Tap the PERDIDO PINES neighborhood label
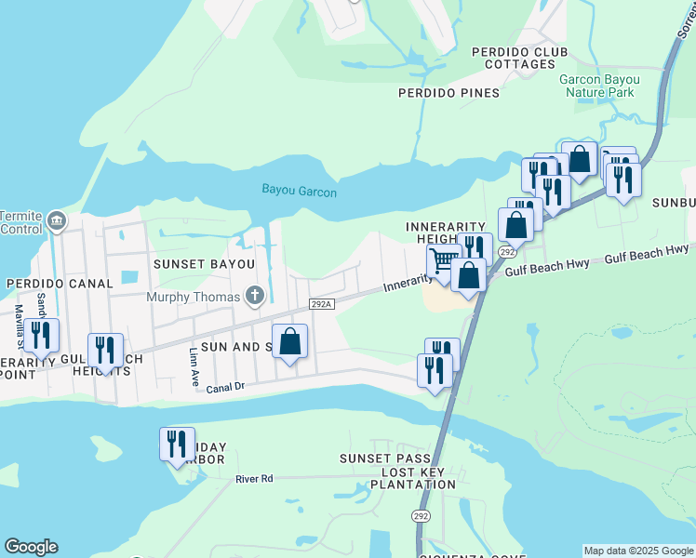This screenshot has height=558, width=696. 448,93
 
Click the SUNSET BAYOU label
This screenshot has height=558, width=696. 204,264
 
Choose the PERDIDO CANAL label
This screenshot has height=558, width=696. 59,283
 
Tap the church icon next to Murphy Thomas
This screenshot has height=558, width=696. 254,297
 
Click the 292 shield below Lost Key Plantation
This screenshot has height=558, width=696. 422,515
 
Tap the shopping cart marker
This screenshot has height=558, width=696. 444,261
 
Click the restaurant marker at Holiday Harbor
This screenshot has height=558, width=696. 176,444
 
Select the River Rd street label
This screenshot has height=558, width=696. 254,479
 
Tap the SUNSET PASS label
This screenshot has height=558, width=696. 384,459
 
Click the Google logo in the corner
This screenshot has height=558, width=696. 31,547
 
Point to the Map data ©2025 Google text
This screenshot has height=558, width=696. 637,551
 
